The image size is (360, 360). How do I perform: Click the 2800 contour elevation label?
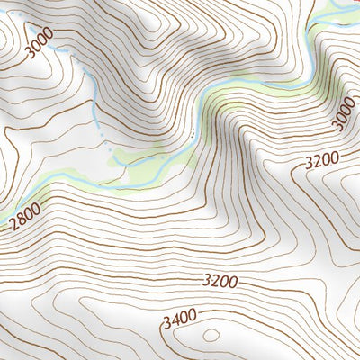coord(25,215)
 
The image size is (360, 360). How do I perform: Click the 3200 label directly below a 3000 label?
coord(321,161)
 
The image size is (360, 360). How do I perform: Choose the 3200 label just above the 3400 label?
coord(220,282)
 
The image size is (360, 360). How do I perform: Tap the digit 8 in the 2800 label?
coord(22,218)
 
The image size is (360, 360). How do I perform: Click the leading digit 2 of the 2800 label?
coord(14,223)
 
